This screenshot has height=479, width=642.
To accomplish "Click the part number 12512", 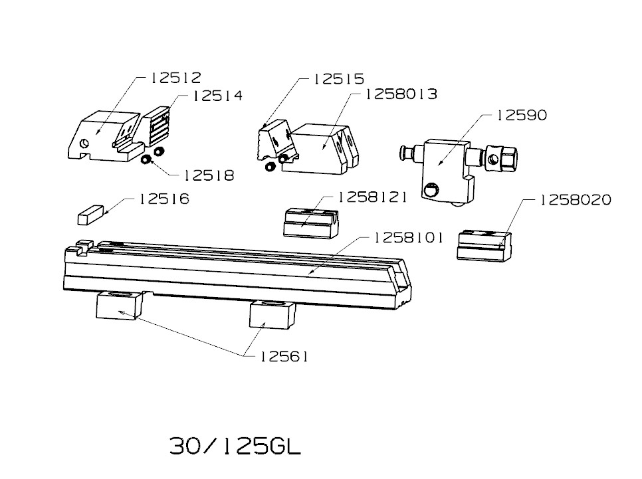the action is (x=176, y=78).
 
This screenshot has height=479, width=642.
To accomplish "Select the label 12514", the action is (x=217, y=96).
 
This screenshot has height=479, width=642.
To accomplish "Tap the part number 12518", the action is (x=209, y=175).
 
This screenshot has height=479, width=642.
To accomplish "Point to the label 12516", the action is (x=164, y=199).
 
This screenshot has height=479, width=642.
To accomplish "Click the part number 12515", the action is (x=338, y=78).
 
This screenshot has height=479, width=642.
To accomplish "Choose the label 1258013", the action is (x=401, y=94).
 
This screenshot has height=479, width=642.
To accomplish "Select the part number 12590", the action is (x=522, y=115).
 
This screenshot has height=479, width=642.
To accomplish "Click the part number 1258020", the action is (x=576, y=200).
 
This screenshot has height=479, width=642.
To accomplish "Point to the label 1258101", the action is (x=408, y=238).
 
